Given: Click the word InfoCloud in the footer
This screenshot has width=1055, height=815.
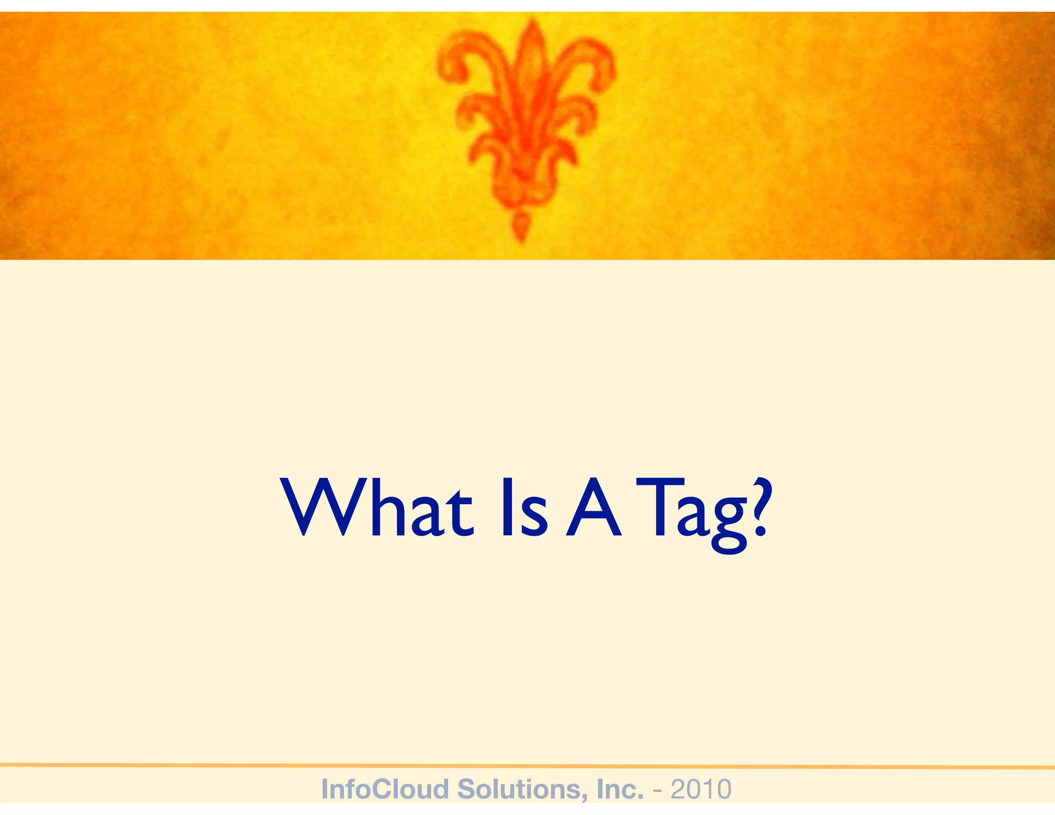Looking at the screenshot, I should [x=384, y=789].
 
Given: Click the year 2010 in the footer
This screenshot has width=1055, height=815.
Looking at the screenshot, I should [x=701, y=789].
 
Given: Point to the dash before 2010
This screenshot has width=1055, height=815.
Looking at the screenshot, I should [x=657, y=790].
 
